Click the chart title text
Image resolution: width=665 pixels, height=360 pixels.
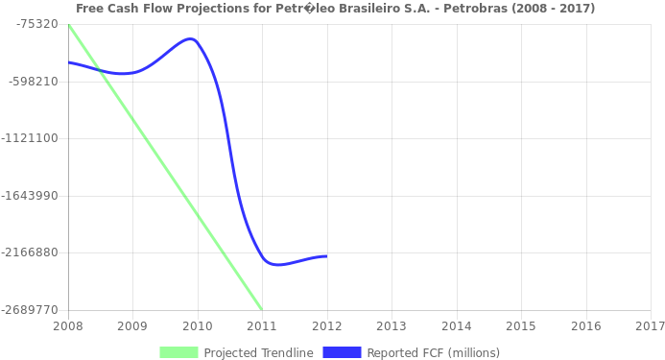(335, 9)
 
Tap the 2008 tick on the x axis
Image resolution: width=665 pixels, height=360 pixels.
(67, 326)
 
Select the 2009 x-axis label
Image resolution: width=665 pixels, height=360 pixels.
(131, 326)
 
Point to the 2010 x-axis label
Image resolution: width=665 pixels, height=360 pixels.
(197, 326)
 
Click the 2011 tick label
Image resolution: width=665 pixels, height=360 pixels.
(261, 326)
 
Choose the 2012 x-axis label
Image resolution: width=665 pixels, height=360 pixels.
(326, 326)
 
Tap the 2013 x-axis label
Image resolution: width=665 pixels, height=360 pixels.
(391, 326)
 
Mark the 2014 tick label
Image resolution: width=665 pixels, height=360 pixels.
(456, 326)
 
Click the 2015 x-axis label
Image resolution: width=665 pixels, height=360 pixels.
(520, 326)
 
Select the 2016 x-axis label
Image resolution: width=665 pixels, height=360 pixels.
(585, 326)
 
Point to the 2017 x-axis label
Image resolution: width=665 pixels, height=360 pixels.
(650, 326)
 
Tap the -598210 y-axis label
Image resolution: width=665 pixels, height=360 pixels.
(34, 82)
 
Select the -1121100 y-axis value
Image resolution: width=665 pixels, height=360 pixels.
(31, 138)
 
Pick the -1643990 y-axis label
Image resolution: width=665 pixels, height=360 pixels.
(31, 196)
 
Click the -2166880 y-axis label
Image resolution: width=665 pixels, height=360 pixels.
(31, 252)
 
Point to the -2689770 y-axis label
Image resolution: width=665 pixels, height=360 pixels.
(31, 310)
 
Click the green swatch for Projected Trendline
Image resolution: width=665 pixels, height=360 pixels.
(178, 352)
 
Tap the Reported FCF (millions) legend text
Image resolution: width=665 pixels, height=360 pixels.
(433, 352)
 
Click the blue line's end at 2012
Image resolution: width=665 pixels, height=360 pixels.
(326, 256)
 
